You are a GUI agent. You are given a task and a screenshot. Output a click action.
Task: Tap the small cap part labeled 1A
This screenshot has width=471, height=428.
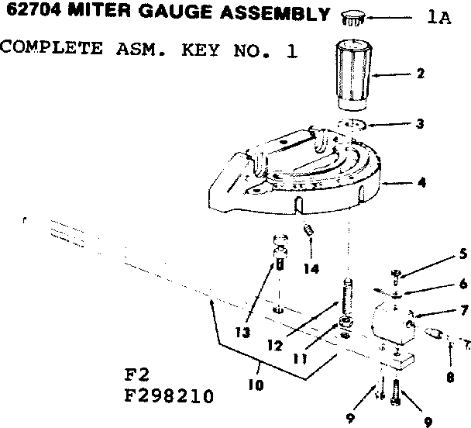click(x=353, y=16)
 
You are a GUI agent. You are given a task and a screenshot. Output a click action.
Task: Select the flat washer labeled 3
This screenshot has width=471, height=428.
click(x=353, y=126)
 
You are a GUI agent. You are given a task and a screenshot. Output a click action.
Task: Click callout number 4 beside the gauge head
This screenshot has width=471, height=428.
click(x=422, y=183)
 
